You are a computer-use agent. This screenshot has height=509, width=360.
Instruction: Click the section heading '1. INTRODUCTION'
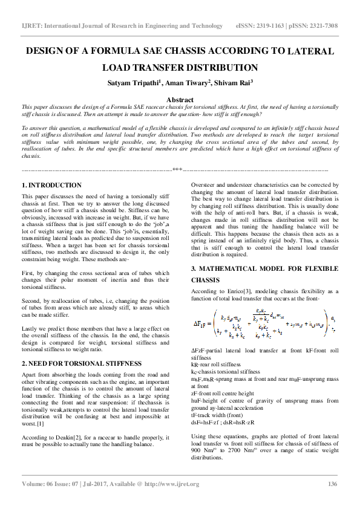[51, 185]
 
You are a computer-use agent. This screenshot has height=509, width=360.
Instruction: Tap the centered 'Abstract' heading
[180, 100]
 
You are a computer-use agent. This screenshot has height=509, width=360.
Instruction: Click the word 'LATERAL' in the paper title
[311, 52]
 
